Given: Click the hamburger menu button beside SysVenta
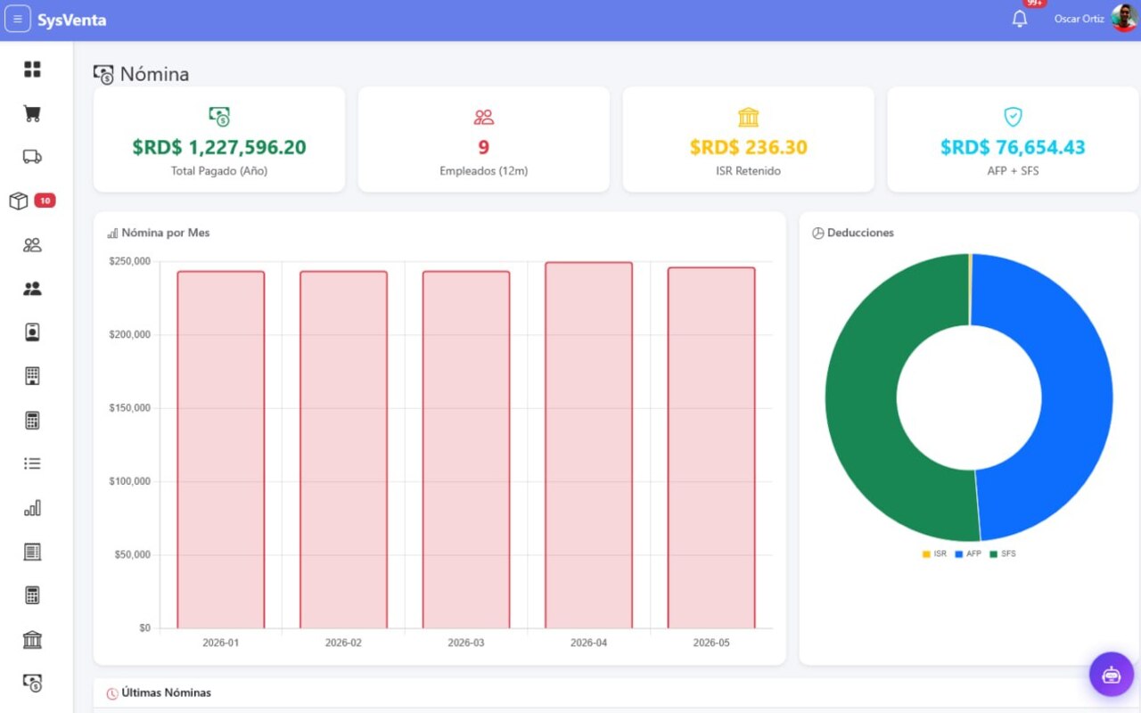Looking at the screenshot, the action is tap(17, 20).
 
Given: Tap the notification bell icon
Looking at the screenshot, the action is tap(1019, 19).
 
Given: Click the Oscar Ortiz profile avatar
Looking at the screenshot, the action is tap(1123, 18).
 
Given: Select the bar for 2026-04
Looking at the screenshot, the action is tap(589, 445).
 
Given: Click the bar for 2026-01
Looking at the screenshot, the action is tap(220, 450).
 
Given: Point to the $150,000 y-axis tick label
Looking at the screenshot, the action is tap(129, 408).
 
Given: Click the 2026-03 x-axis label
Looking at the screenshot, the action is tap(465, 643).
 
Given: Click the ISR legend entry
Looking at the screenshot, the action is tap(934, 553).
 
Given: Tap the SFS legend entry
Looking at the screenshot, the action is tap(1003, 553).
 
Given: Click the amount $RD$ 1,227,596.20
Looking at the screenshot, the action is tap(219, 147).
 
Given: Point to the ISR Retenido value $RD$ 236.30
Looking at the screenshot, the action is tap(748, 147).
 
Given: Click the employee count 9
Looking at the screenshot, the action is tap(483, 147).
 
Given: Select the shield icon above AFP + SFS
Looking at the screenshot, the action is tap(1013, 117).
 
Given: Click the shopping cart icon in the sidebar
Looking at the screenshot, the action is tap(32, 113).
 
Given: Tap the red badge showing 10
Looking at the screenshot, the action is tap(45, 201).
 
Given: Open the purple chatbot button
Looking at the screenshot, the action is tap(1111, 675).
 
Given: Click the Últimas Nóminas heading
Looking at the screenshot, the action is tap(166, 693).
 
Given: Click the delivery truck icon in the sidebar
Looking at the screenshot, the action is tap(32, 156).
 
